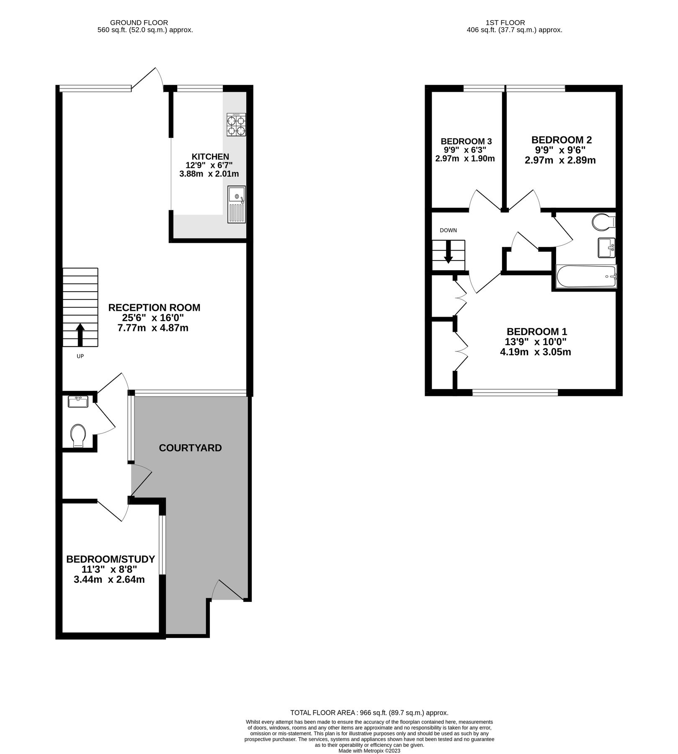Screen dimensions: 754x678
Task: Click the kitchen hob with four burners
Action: [236, 125]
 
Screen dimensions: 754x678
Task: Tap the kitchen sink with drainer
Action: [237, 204]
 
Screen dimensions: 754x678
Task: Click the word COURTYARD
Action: [190, 448]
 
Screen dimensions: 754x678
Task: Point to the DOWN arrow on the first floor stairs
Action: [448, 256]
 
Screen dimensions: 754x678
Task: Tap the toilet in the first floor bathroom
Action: [603, 222]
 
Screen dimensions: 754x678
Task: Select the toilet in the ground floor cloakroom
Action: [78, 436]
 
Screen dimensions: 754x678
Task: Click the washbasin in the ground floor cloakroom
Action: [77, 402]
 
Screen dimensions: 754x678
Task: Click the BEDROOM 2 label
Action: [561, 140]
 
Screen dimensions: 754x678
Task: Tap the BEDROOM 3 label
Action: [466, 141]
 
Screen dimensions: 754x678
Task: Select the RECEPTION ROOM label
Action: [154, 307]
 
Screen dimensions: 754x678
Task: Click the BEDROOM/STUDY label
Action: [111, 559]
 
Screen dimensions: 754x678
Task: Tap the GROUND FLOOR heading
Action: [139, 23]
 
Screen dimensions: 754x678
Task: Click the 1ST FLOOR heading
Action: [505, 23]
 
